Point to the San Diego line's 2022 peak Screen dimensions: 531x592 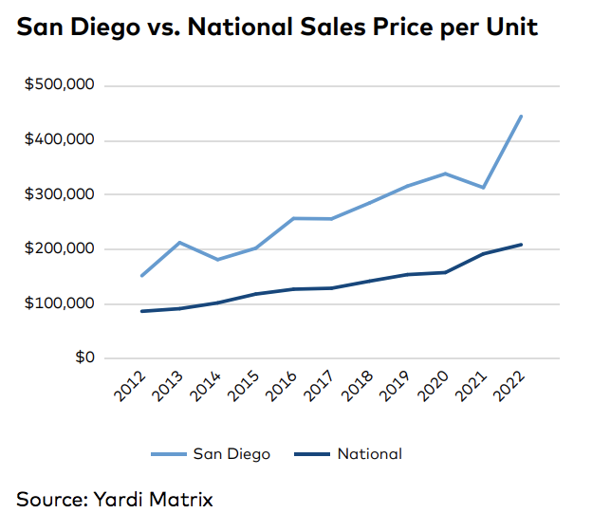pos(521,117)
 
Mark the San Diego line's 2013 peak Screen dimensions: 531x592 pos(180,243)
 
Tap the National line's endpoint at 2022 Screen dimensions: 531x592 pos(521,245)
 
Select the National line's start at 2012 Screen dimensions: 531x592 pos(142,311)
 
